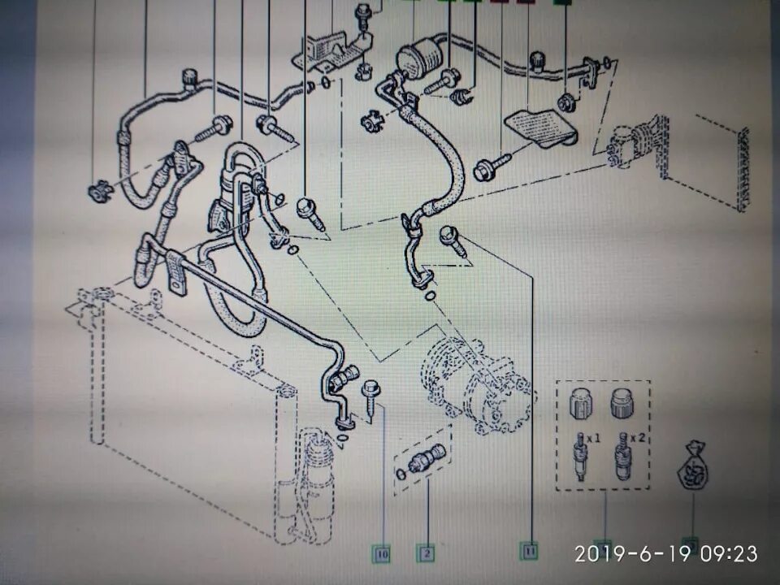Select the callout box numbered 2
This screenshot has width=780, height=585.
click(x=424, y=554)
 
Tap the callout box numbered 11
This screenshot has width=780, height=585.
click(x=530, y=551)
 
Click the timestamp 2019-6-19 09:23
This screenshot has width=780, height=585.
click(x=666, y=554)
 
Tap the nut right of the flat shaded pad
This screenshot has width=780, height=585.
click(x=566, y=102)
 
